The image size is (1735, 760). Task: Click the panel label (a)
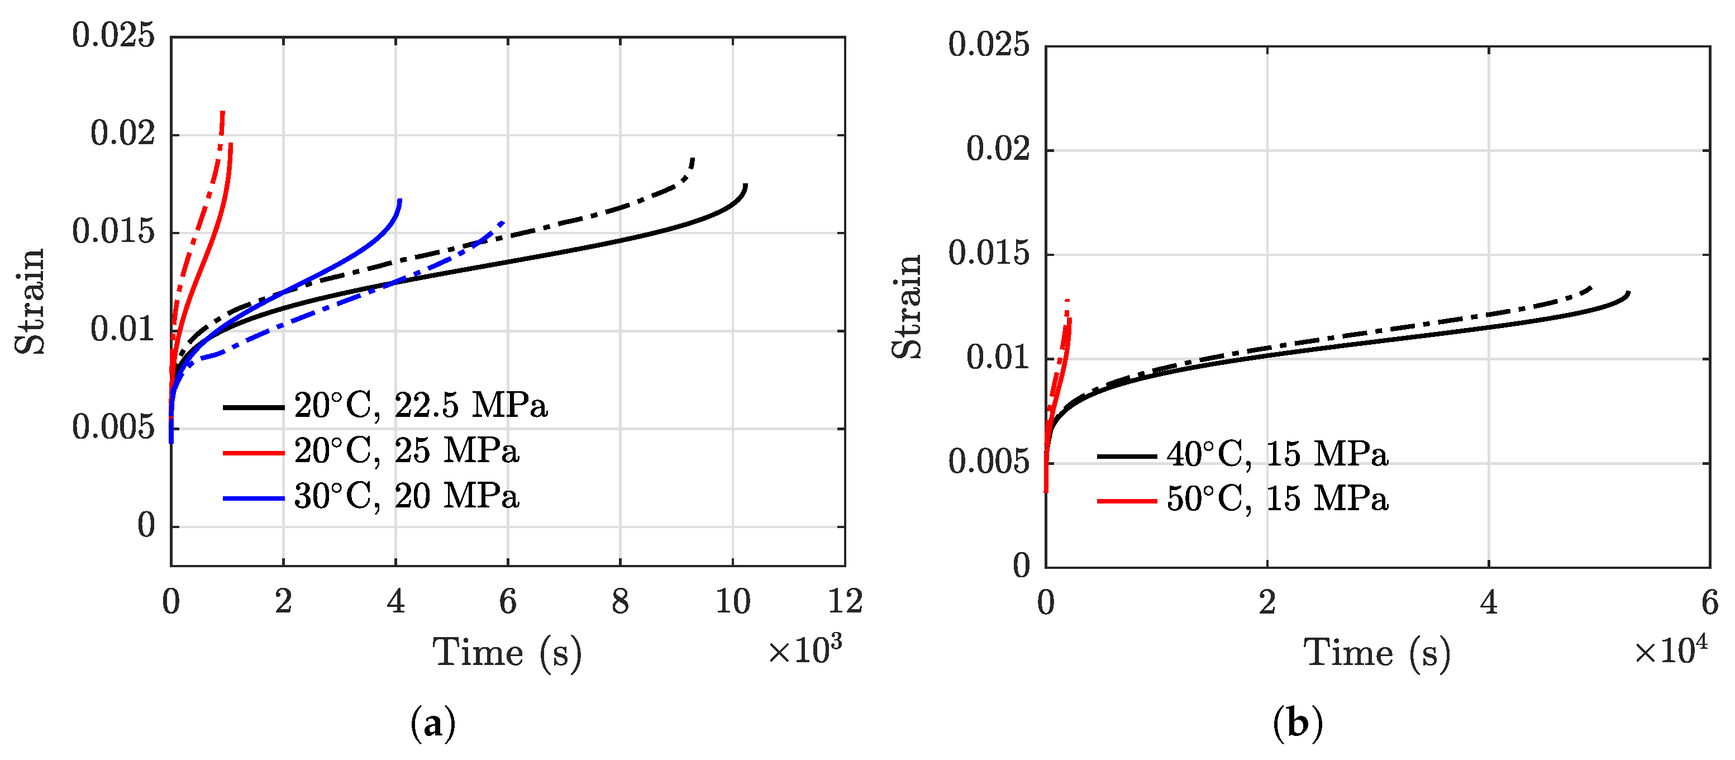coord(432,724)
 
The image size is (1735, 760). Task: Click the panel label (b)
coord(1297,724)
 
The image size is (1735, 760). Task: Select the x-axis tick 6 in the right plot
coord(1709,603)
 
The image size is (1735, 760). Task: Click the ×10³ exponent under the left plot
coord(804,650)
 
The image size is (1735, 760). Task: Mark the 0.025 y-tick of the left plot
coord(113,35)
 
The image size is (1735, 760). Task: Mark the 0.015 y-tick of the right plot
coord(989,254)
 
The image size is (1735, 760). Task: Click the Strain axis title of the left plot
coord(30,301)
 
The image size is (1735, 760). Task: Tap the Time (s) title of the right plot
coord(1377,653)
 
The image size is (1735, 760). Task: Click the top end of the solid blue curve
coord(400,200)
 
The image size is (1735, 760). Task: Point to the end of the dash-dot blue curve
coord(502,222)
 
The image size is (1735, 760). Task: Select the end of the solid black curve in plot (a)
coord(746,184)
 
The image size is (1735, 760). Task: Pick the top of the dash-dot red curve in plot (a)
coord(222,112)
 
